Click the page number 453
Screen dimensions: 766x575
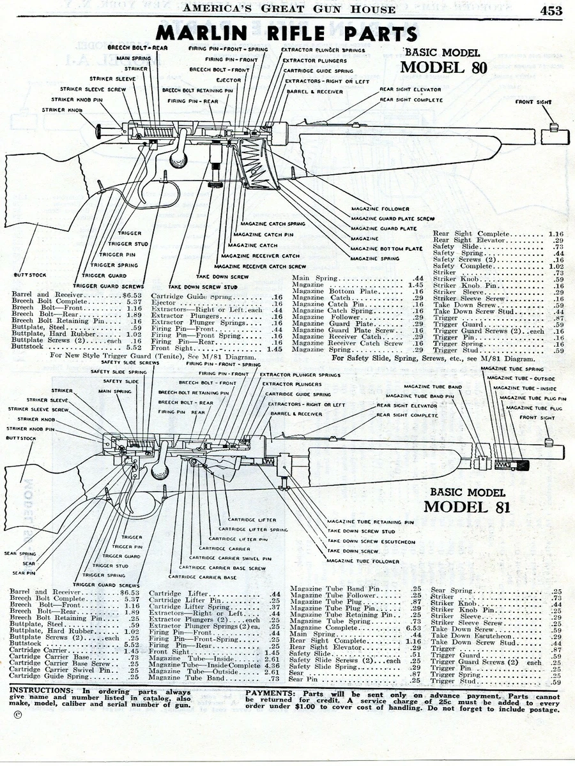[x=550, y=10]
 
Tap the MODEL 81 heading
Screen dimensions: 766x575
[x=467, y=507]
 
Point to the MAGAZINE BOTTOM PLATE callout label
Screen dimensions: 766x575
[x=387, y=248]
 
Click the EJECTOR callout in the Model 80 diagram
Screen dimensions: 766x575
[x=229, y=80]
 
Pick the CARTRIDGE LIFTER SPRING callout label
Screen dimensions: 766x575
[x=253, y=529]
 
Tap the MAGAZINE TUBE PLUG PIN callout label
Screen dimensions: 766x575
[x=533, y=398]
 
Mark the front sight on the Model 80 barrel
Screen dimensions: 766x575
[x=555, y=136]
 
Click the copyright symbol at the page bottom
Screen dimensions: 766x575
[x=17, y=714]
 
